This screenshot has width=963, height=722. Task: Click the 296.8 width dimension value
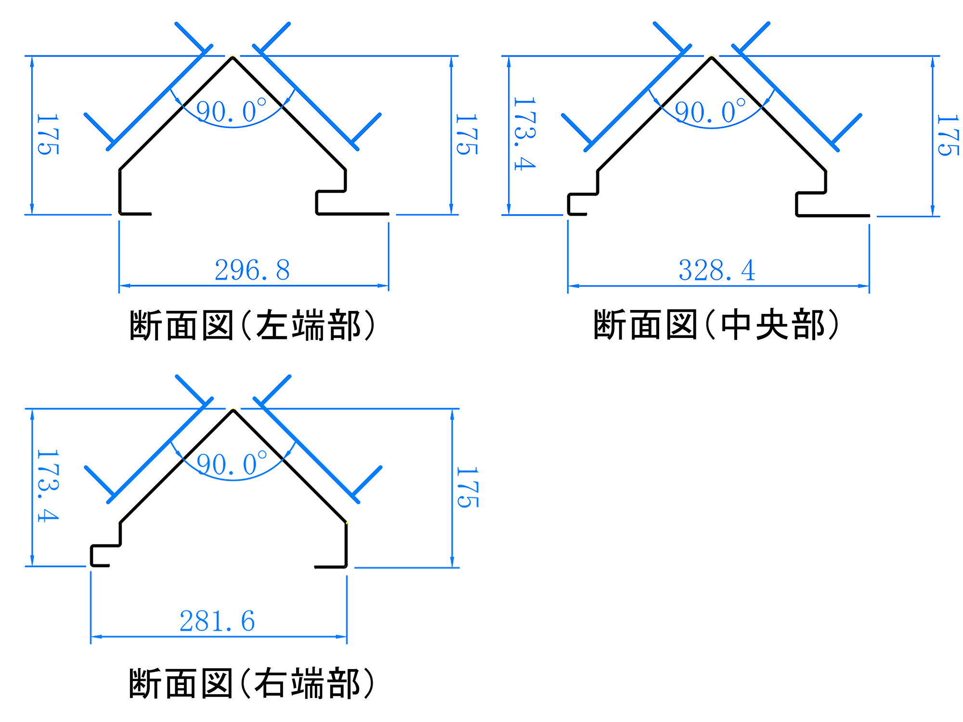[x=252, y=270]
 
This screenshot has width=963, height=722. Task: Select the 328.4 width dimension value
[x=716, y=270]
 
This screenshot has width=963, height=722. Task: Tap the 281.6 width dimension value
[x=217, y=621]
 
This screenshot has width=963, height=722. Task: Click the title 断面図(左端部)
[x=252, y=326]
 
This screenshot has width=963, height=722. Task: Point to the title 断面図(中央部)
[x=716, y=325]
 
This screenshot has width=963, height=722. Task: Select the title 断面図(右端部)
[x=252, y=683]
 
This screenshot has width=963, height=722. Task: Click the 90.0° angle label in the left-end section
[x=231, y=111]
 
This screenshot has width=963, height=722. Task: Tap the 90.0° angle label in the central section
[x=710, y=112]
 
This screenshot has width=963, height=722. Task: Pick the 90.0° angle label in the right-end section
[x=232, y=464]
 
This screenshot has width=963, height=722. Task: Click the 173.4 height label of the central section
[x=524, y=134]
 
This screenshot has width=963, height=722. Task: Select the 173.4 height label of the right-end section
[x=48, y=486]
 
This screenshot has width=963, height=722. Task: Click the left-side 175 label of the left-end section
[x=48, y=134]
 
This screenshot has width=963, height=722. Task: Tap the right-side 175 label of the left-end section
[x=467, y=134]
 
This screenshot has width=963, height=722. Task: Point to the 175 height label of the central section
[x=948, y=135]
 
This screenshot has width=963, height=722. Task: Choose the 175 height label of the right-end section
[x=467, y=487]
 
